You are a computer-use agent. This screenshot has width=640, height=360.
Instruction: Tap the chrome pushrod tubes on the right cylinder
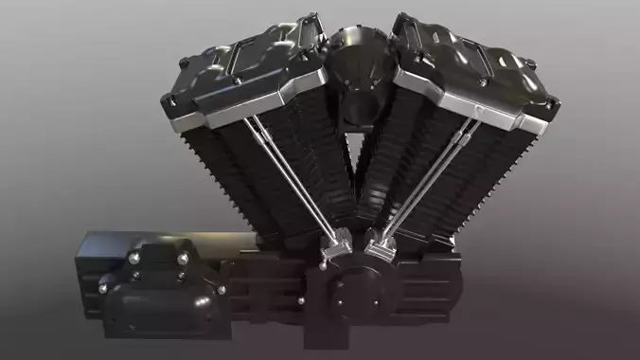point(426,180)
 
